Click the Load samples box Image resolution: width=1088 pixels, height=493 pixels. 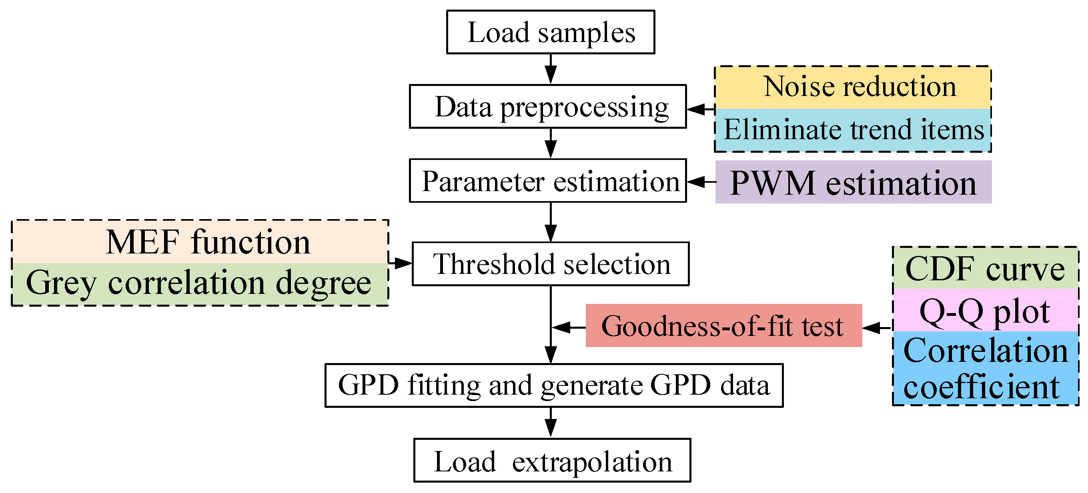550,32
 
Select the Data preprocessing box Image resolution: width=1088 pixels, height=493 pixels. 547,106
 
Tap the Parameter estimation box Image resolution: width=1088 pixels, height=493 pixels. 547,181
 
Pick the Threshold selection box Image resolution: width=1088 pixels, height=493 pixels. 550,264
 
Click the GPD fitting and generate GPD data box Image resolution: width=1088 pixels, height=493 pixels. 554,385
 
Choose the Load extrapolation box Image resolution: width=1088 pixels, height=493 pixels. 552,460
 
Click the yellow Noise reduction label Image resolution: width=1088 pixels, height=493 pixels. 852,87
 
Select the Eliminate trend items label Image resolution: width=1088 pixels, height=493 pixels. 852,130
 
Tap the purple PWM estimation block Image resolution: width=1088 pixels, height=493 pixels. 853,182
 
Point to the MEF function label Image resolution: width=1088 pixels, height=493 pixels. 200,242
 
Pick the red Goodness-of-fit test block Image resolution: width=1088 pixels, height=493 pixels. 723,325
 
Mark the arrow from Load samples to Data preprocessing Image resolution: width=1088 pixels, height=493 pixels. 550,69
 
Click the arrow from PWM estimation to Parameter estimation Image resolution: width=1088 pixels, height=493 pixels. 701,182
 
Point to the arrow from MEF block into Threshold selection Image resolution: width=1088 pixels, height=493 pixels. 400,263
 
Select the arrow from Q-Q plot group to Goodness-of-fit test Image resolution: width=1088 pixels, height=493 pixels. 877,327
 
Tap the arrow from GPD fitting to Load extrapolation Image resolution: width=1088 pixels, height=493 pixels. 550,422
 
